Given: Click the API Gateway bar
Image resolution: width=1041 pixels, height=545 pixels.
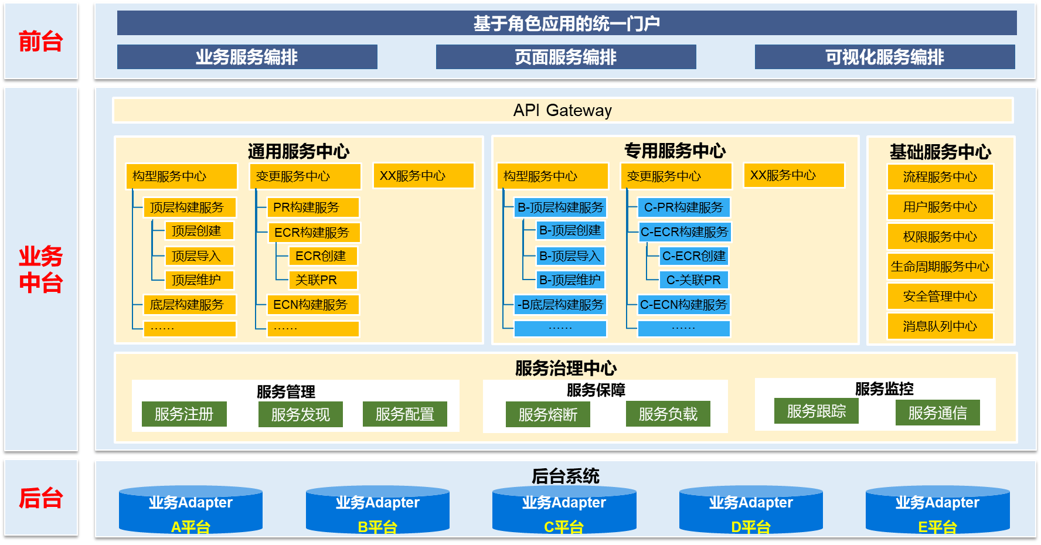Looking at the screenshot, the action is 563,110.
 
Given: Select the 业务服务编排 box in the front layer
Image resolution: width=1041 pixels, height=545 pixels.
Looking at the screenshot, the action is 247,57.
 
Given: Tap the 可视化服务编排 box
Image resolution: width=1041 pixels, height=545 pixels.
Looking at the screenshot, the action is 884,57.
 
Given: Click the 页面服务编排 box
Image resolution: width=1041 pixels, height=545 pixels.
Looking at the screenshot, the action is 566,57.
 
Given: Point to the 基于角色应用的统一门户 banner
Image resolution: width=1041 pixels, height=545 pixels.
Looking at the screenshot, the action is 567,23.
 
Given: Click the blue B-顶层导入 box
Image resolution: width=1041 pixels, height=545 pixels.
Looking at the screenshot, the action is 570,256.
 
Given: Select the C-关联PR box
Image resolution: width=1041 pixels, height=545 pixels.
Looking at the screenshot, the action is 694,280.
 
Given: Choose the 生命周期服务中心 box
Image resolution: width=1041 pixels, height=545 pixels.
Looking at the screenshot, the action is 940,267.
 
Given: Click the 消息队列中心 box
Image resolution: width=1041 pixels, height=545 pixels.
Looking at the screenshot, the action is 940,326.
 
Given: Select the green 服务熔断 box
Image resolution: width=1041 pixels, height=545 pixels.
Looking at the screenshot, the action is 548,414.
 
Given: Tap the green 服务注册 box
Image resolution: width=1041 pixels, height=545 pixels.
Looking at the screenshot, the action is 184,414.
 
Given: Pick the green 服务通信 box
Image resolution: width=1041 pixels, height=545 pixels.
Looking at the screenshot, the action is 938,413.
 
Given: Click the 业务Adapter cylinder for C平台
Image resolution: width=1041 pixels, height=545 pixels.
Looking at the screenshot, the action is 564,510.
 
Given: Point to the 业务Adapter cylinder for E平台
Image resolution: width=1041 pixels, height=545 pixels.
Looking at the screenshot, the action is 938,510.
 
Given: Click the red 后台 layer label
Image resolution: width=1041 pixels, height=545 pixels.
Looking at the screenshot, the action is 40,498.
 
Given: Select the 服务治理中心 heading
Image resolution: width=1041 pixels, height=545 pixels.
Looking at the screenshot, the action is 566,368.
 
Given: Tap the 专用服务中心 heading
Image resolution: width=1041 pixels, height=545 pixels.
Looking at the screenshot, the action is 675,151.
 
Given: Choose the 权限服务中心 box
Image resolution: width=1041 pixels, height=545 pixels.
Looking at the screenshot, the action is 940,237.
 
